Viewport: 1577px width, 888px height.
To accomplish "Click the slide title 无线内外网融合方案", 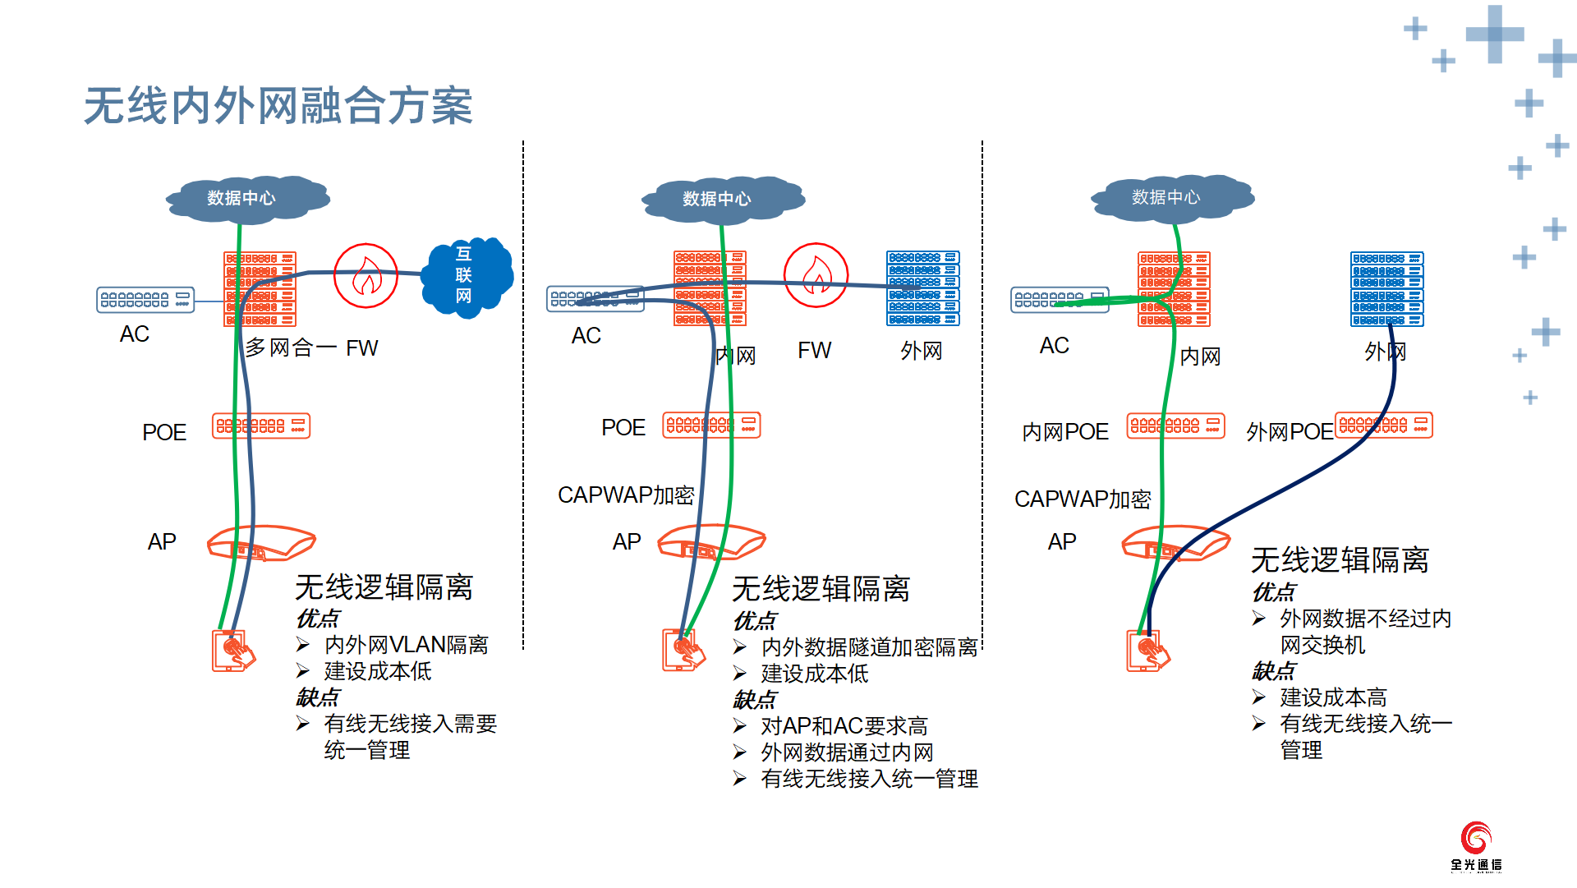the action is [278, 106].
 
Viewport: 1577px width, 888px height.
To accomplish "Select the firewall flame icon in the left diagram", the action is [366, 275].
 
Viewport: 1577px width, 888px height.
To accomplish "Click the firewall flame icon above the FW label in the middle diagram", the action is [816, 275].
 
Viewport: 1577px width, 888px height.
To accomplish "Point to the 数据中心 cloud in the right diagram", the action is [1172, 197].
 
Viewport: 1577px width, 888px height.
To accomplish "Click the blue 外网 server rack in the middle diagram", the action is [923, 288].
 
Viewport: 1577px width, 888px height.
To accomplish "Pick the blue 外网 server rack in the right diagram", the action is [1387, 289].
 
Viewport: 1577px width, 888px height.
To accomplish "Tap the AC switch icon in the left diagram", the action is [145, 300].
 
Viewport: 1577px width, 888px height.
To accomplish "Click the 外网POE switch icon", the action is [1384, 425].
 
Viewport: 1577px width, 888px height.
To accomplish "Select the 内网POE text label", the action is [1065, 432].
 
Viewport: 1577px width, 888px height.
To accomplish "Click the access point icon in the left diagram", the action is [261, 543].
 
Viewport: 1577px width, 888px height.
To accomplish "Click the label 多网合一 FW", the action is [311, 348].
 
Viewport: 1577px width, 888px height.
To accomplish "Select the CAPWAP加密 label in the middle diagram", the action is [626, 495].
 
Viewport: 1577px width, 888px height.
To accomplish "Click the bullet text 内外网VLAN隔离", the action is [407, 645].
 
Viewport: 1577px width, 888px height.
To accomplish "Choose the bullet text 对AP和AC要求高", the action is [844, 726].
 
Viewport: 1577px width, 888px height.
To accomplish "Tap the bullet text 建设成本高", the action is [1333, 697].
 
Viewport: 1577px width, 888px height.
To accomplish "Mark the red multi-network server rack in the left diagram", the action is [260, 289].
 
